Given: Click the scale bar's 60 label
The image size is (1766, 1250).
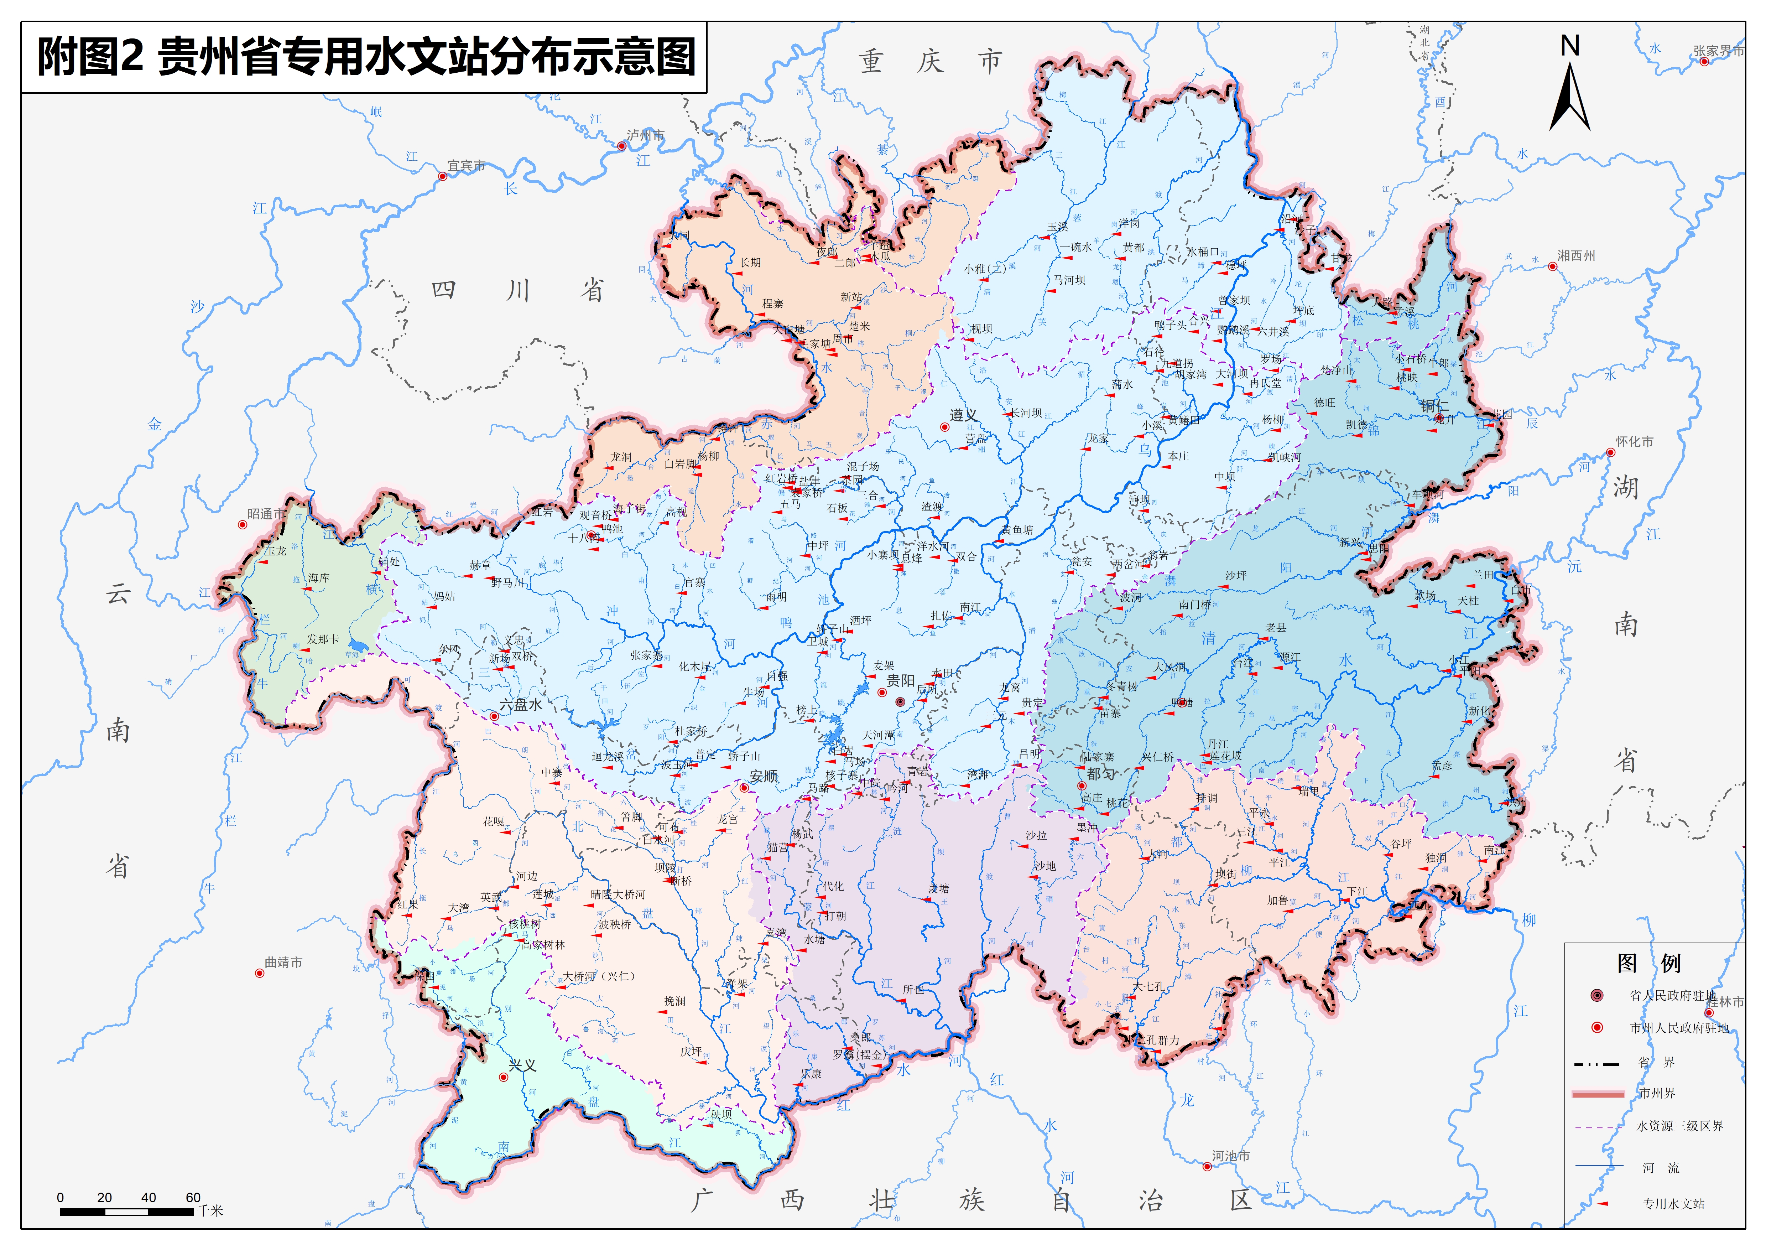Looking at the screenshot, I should (x=193, y=1198).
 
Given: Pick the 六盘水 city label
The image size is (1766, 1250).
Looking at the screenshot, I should (x=521, y=704).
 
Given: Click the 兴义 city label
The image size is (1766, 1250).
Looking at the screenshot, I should (x=522, y=1065).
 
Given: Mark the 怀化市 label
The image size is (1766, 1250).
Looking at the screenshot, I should (x=1635, y=442).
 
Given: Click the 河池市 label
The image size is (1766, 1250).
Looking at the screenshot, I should (x=1231, y=1156).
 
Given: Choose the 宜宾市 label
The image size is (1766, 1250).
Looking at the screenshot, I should (x=466, y=166).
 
